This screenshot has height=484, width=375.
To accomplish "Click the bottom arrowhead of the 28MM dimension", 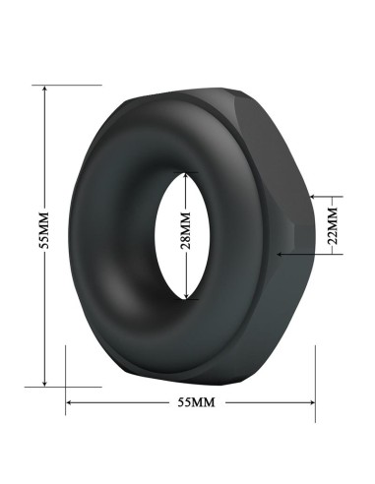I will click(187, 296).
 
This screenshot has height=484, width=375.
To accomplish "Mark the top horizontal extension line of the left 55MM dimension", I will click(59, 85).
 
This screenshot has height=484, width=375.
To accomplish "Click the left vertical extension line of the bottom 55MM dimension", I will click(65, 379).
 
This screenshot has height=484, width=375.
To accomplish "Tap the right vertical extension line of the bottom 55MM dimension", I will click(316, 379).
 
